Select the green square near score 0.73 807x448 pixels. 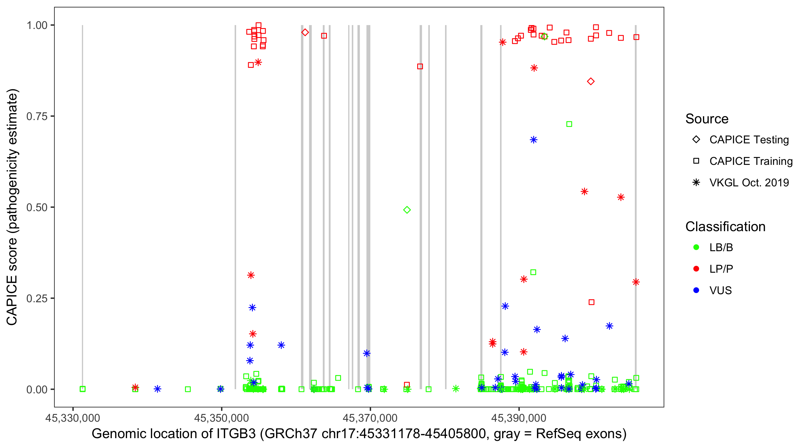(569, 124)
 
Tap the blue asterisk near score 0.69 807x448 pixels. (534, 140)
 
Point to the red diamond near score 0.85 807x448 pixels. (591, 82)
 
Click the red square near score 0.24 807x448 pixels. (591, 302)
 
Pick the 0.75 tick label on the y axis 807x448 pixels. (36, 116)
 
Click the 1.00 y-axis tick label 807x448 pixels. (36, 25)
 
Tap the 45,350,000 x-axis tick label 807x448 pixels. (221, 418)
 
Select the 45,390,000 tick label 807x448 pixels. (519, 418)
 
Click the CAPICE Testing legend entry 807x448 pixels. (749, 140)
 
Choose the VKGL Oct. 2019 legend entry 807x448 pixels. (749, 182)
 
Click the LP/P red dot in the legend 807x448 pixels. (696, 269)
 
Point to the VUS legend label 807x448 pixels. (720, 291)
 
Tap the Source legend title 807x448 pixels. (707, 119)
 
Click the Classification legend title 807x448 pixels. (725, 227)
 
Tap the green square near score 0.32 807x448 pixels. (533, 272)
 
